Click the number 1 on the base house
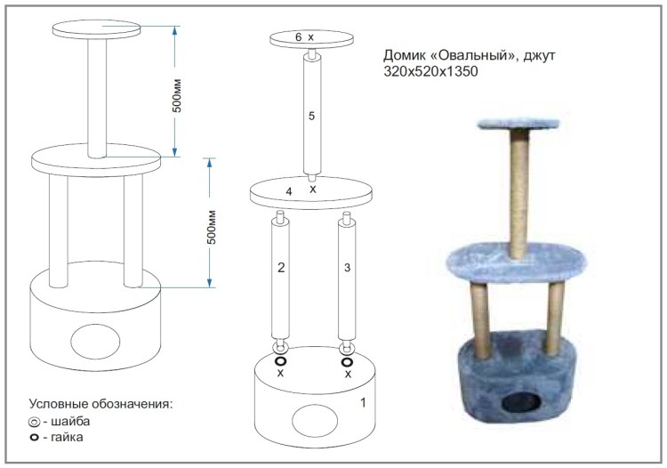(x=363, y=402)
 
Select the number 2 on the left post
(x=281, y=268)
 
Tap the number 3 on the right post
(x=347, y=268)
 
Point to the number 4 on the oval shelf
(x=289, y=192)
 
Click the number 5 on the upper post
(x=311, y=116)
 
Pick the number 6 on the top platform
(x=298, y=37)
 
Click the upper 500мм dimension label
(x=177, y=95)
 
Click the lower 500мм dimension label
(x=212, y=227)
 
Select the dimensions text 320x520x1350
(x=430, y=71)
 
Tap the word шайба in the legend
(x=70, y=421)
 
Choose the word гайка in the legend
(x=67, y=437)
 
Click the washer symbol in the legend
(x=34, y=422)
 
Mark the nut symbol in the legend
(x=34, y=438)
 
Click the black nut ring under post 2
(x=280, y=361)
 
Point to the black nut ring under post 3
(x=347, y=362)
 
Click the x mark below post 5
(x=313, y=189)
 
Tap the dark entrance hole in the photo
(x=520, y=401)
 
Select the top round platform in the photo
(x=518, y=125)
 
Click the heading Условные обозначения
(x=100, y=403)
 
